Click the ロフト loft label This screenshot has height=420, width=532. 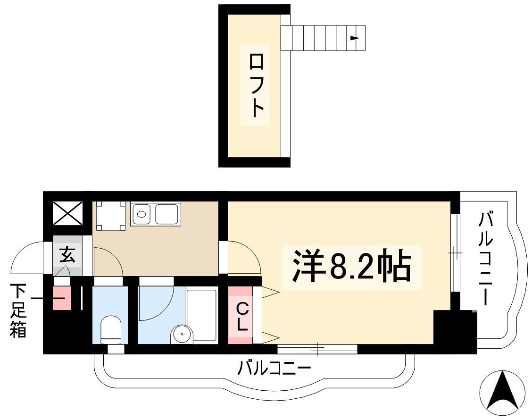tap(255, 85)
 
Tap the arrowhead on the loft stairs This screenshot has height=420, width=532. tap(355, 38)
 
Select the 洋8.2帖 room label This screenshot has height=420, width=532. tap(351, 266)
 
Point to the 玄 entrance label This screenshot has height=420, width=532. tap(67, 255)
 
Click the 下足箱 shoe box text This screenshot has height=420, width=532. tap(18, 311)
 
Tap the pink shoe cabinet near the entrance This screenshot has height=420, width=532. tap(62, 298)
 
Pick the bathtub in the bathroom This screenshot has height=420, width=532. tap(201, 315)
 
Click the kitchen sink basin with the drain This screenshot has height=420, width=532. tap(141, 214)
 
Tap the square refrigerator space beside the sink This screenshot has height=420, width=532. tap(111, 216)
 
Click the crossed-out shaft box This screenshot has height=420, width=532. tap(67, 213)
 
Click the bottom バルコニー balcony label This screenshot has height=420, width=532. tap(274, 368)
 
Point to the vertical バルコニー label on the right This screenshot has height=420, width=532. tap(485, 259)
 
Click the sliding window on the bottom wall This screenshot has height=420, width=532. tap(317, 349)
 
